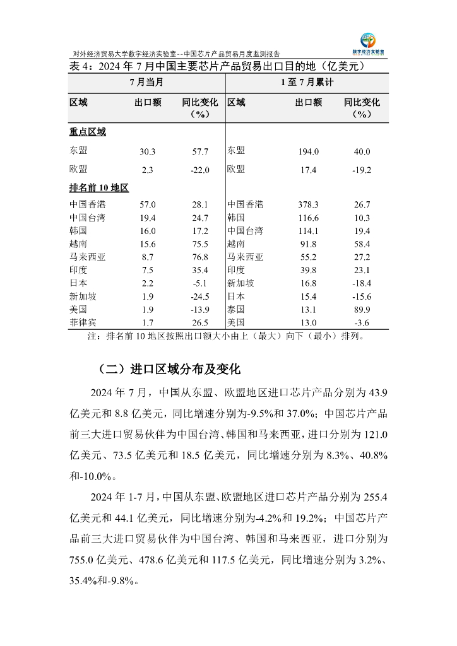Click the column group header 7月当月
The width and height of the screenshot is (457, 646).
[x=146, y=83]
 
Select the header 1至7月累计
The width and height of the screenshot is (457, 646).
[x=307, y=83]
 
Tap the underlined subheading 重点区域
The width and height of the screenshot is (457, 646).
[x=88, y=132]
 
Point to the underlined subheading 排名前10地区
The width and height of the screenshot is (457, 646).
[x=99, y=188]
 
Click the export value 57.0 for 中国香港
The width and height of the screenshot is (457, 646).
[x=147, y=204]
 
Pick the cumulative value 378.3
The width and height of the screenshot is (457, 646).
[x=308, y=204]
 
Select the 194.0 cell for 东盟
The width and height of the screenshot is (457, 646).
[x=308, y=151]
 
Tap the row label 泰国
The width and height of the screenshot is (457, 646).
[x=236, y=310]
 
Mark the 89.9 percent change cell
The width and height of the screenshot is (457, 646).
[x=362, y=310]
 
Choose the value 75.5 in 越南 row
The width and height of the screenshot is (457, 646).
[x=200, y=244]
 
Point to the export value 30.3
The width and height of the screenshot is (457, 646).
[x=147, y=151]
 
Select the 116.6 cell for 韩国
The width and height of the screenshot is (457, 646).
[x=308, y=218]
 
